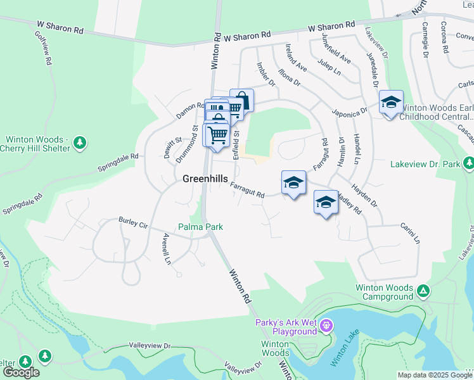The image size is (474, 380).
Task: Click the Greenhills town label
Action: [x=205, y=179]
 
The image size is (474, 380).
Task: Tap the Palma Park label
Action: [x=200, y=226]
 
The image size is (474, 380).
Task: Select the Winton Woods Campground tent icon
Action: [x=423, y=291]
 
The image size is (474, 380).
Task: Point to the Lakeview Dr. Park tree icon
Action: [x=468, y=163]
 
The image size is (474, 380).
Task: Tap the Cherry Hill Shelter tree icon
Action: [x=80, y=143]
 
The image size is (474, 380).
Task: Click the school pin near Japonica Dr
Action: [x=391, y=101]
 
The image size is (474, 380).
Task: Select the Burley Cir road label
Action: [x=132, y=222]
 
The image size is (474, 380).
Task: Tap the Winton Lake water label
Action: [x=340, y=352]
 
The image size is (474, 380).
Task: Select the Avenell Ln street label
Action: [x=167, y=249]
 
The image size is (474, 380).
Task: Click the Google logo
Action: [x=20, y=372]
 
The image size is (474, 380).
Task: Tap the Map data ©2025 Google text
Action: [x=434, y=375]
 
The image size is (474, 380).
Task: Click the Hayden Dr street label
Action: [x=365, y=196]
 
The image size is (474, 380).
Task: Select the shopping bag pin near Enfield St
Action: [x=241, y=100]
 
